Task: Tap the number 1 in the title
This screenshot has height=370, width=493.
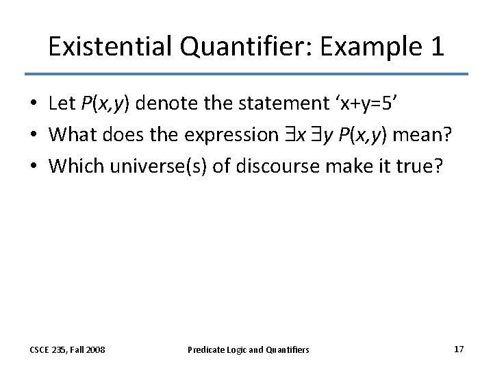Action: pos(436,47)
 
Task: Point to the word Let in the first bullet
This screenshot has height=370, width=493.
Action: pos(62,103)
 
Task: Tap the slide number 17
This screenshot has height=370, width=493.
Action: pos(458,349)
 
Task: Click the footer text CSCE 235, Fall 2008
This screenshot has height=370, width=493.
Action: pos(67,349)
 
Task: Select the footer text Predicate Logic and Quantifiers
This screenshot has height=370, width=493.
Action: pos(248,349)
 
